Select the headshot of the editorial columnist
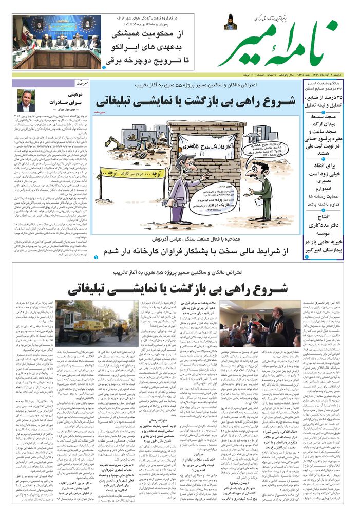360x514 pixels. (26, 101)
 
